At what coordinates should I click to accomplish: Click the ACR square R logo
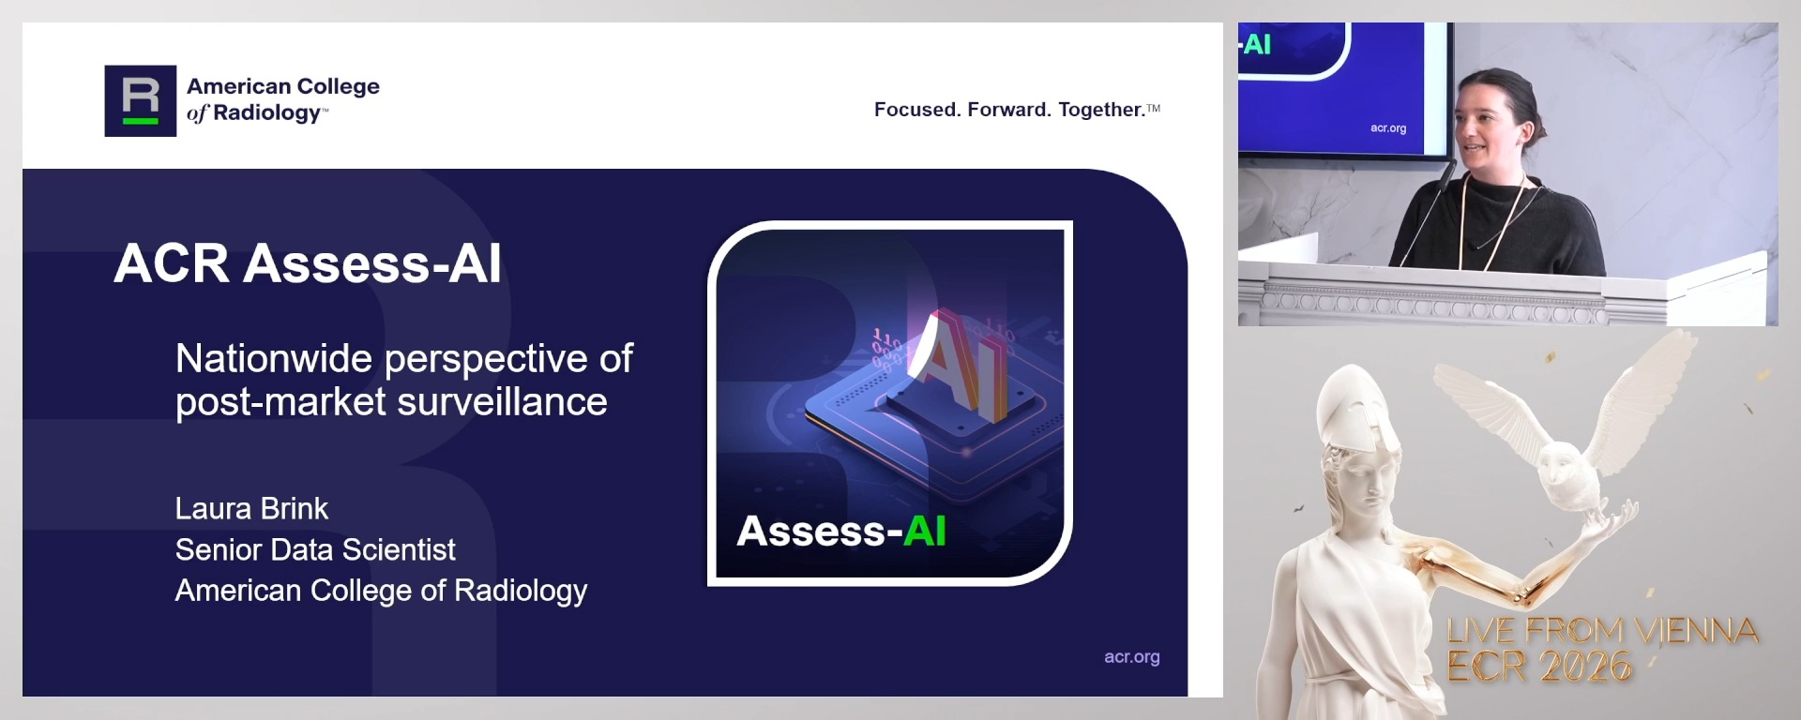140,101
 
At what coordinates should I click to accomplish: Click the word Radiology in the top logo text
267,113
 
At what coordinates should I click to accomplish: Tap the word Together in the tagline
1101,110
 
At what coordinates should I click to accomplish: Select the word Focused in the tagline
915,110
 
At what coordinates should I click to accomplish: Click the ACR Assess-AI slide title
308,263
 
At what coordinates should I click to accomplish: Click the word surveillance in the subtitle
502,402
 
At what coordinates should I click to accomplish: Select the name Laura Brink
251,509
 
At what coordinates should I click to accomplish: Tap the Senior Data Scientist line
315,550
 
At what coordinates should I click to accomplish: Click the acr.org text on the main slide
1131,657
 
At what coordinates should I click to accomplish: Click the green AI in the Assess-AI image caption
924,532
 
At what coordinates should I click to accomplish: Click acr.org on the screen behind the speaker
1387,128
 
